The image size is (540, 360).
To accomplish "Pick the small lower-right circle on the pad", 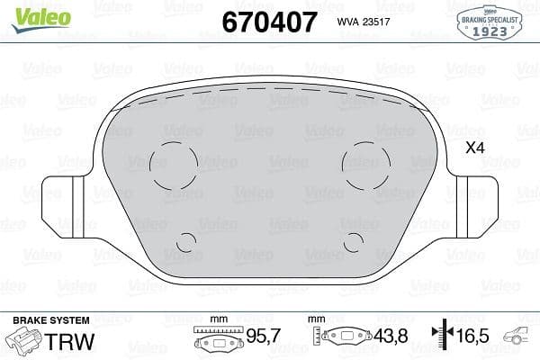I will coord(353,241).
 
